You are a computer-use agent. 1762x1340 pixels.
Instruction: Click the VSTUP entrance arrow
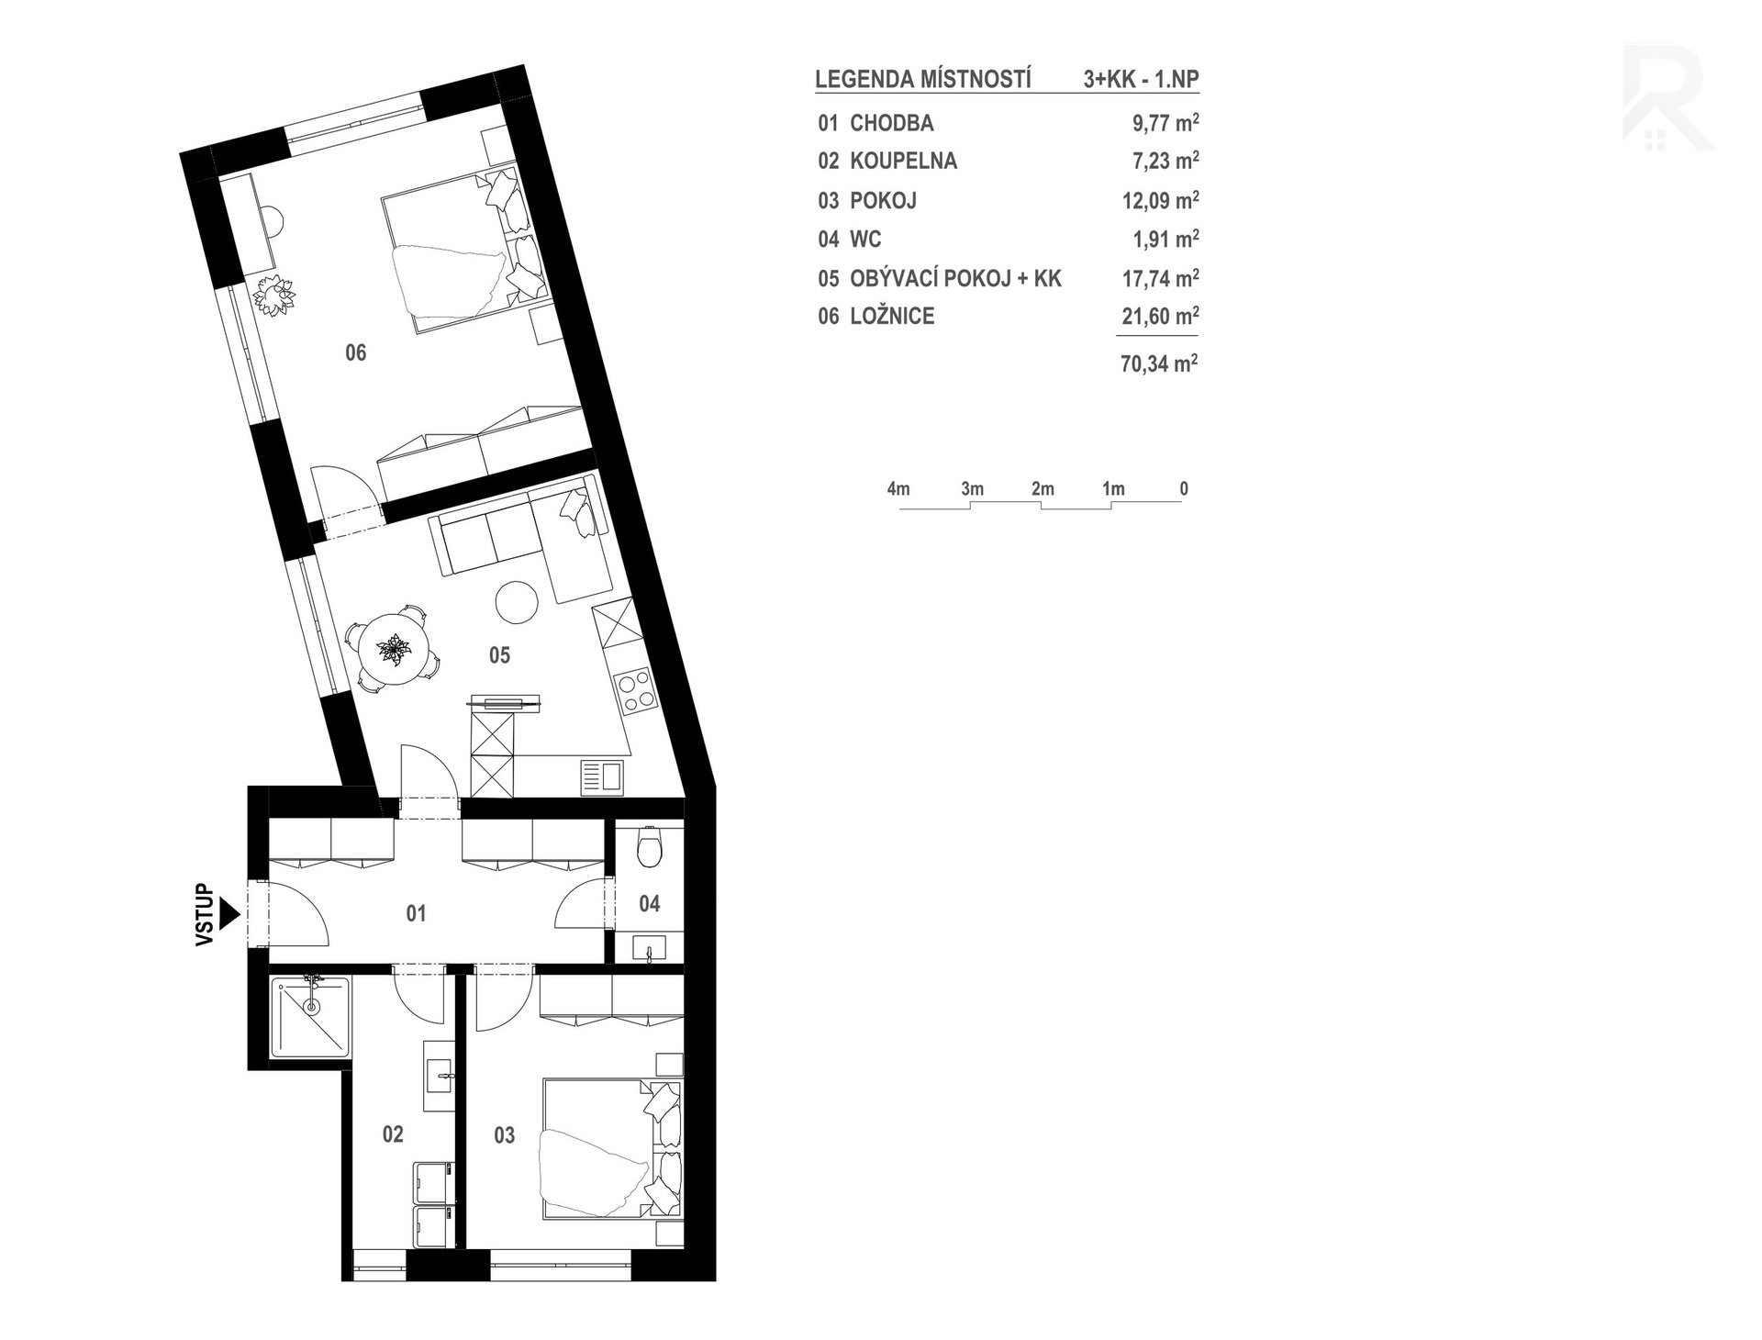pyautogui.click(x=229, y=914)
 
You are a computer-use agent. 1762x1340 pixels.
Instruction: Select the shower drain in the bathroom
pyautogui.click(x=312, y=1007)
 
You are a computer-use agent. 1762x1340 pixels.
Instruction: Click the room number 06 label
pyautogui.click(x=355, y=352)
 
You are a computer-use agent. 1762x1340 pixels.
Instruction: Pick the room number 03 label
pyautogui.click(x=504, y=1135)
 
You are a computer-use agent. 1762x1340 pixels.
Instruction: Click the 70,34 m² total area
pyautogui.click(x=1159, y=363)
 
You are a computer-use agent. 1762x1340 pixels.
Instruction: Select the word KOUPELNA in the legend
pyautogui.click(x=903, y=162)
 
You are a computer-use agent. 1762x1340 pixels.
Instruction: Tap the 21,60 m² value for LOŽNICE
pyautogui.click(x=1160, y=316)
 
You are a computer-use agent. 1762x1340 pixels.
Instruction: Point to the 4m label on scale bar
pyautogui.click(x=898, y=489)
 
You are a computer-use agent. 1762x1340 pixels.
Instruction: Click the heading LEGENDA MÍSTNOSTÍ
pyautogui.click(x=923, y=80)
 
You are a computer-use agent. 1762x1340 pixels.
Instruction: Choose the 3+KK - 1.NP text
pyautogui.click(x=1141, y=80)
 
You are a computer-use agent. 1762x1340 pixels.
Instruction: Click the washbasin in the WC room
pyautogui.click(x=650, y=947)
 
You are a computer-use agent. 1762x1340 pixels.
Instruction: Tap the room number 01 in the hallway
pyautogui.click(x=416, y=913)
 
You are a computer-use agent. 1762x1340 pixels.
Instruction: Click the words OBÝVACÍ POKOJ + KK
pyautogui.click(x=955, y=278)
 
